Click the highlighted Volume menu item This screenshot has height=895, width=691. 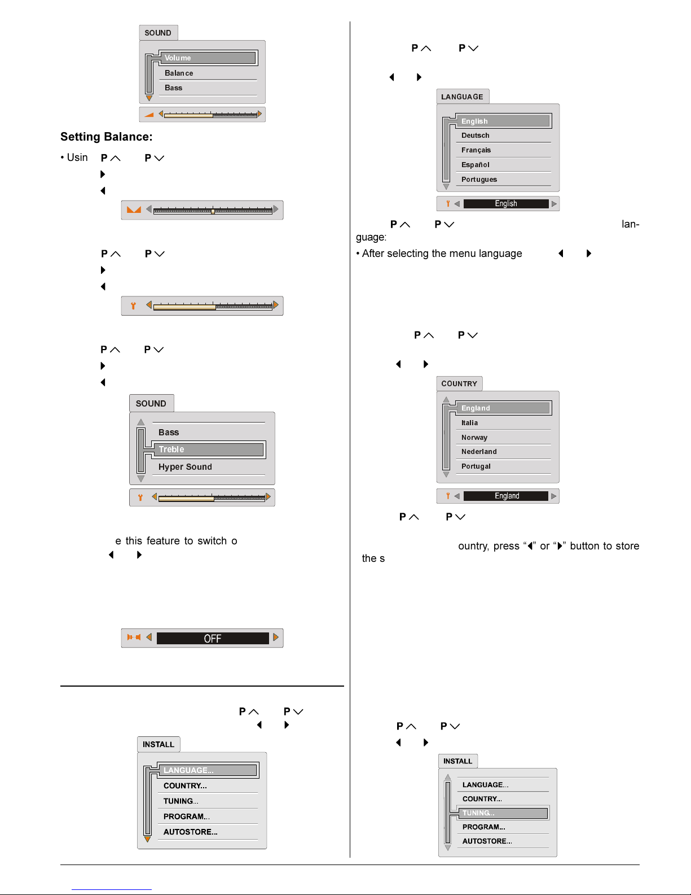(208, 58)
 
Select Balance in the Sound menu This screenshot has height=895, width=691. (178, 73)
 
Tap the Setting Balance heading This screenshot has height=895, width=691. (106, 137)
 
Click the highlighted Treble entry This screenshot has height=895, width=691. (209, 449)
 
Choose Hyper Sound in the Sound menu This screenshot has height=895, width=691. (185, 466)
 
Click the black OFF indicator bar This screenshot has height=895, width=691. (213, 638)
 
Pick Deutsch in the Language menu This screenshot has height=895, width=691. (475, 136)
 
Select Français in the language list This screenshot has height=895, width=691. (476, 150)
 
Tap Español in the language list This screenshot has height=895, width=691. (475, 165)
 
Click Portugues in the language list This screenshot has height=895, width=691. (479, 179)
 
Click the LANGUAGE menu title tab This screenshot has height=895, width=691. (463, 97)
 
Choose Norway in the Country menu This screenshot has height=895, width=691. (474, 438)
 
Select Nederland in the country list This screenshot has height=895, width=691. (479, 452)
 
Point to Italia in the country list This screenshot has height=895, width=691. (469, 422)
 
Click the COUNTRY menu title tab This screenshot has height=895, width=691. (459, 383)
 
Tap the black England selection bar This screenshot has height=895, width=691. (506, 496)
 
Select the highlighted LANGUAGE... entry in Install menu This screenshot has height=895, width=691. (208, 770)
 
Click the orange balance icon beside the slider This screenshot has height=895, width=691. (134, 209)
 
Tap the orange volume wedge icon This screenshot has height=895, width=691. (149, 115)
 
